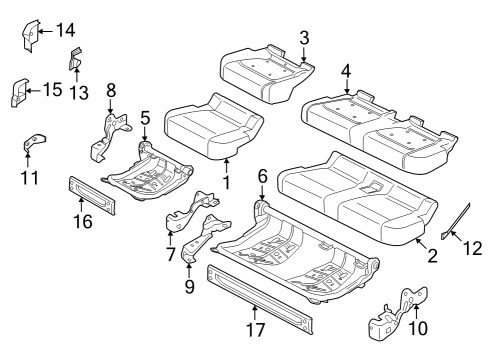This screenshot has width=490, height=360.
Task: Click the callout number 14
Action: click(x=65, y=30)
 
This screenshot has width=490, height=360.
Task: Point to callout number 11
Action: click(x=30, y=178)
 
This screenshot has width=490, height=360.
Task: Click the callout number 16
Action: click(x=83, y=221)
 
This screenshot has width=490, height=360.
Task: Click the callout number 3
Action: click(x=303, y=38)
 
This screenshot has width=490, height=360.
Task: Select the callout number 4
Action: click(x=346, y=70)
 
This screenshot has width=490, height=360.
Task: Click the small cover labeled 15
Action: click(x=18, y=92)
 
